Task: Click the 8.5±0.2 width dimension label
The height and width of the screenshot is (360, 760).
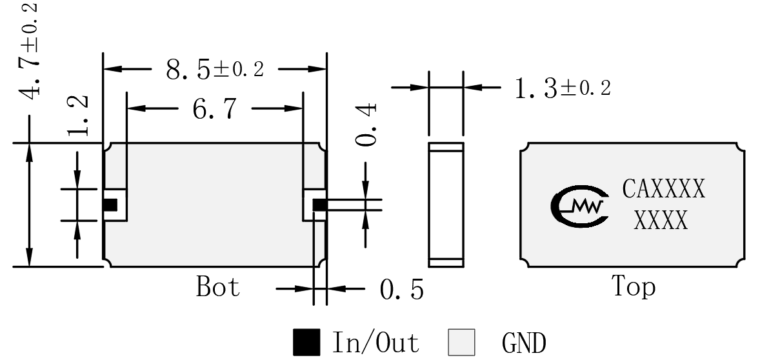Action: pos(215,69)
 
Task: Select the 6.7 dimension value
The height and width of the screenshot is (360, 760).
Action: pos(215,108)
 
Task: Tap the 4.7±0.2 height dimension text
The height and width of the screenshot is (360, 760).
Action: pos(31,51)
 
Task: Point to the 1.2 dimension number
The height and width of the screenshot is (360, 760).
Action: pos(77,115)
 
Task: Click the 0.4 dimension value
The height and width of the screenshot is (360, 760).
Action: pos(366,125)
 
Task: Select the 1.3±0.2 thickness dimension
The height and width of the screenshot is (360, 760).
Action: pos(562,88)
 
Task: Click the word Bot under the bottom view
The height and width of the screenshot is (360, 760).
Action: pos(217,286)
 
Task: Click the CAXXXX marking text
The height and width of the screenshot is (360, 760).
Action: pos(663,189)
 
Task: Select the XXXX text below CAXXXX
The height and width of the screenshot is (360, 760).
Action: pos(661,221)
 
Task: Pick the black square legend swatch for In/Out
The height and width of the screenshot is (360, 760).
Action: pos(306,342)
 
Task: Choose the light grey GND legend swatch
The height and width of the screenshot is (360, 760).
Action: pos(461,342)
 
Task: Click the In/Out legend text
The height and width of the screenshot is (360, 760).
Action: pos(375,343)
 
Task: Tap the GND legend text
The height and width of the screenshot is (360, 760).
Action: pos(524,343)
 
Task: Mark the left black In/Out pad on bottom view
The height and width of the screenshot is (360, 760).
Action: pos(110,205)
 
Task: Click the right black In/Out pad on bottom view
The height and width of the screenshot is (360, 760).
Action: pos(319,205)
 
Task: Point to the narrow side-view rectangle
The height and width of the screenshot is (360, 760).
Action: pos(446,205)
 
